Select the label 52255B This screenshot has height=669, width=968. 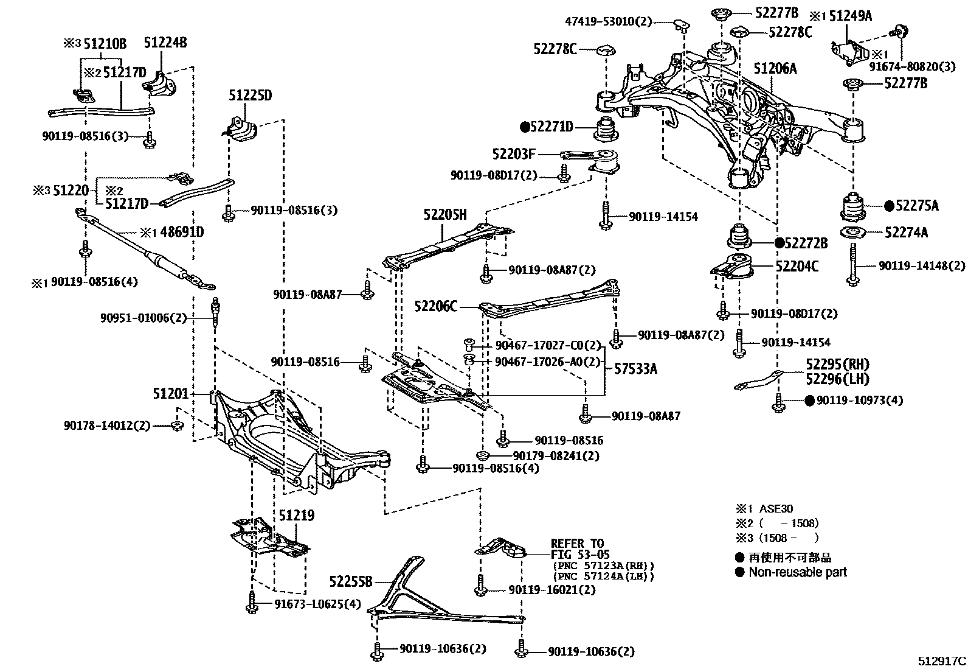[x=351, y=582]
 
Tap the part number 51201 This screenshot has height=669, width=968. [x=171, y=394]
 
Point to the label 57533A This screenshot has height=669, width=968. [x=635, y=369]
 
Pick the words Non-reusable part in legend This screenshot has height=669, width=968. [x=797, y=572]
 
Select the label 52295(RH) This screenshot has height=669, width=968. [x=838, y=365]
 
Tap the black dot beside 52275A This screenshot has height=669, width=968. [x=890, y=206]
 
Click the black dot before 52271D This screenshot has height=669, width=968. [x=525, y=127]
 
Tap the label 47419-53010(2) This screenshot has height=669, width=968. [x=608, y=22]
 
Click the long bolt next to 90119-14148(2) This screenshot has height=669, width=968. [x=853, y=264]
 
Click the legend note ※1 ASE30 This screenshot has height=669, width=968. [x=764, y=509]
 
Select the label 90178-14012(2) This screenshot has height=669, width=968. [x=107, y=426]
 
